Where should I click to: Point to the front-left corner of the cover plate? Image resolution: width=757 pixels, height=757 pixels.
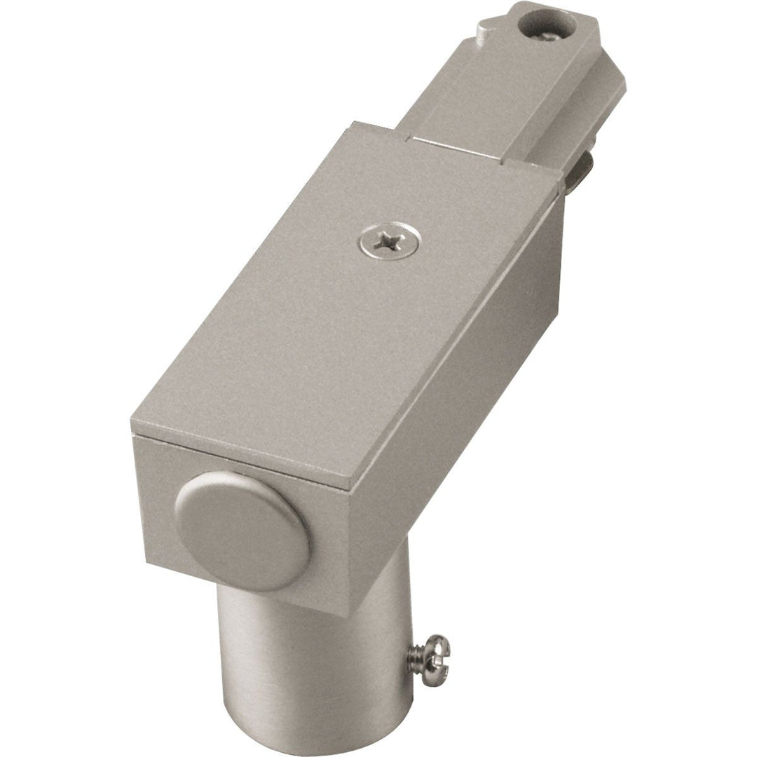click(131, 429)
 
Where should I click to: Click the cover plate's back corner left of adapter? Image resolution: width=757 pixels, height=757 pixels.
click(350, 124)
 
